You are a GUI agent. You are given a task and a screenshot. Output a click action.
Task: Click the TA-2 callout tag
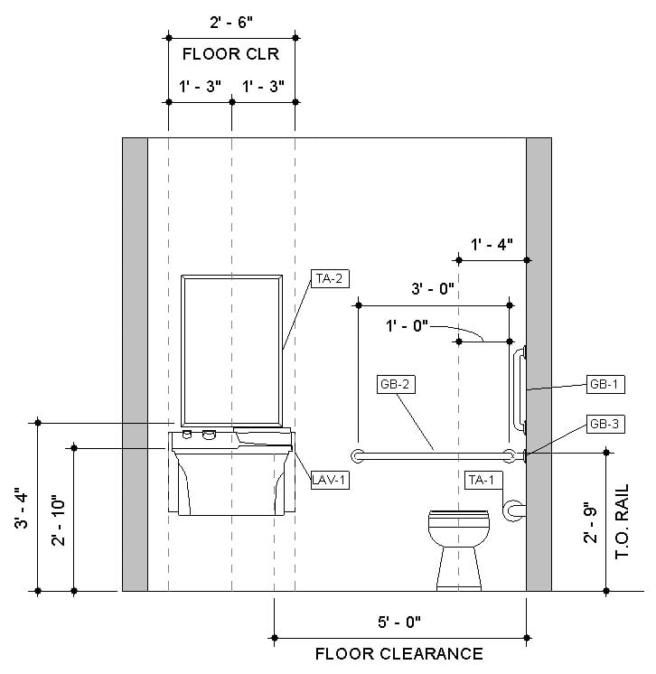click(330, 278)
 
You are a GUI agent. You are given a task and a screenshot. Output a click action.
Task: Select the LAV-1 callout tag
click(330, 480)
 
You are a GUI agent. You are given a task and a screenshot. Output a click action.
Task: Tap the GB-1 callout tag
click(605, 384)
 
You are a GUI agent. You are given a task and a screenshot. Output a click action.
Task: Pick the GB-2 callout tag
click(396, 384)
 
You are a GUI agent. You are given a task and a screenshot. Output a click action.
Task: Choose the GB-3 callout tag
click(605, 424)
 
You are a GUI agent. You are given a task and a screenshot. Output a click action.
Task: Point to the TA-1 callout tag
click(483, 480)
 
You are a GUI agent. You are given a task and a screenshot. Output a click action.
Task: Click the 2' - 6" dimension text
click(231, 23)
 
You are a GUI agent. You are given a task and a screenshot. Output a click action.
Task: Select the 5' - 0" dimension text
click(399, 622)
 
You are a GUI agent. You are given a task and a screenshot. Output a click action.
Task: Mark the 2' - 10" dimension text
click(58, 521)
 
